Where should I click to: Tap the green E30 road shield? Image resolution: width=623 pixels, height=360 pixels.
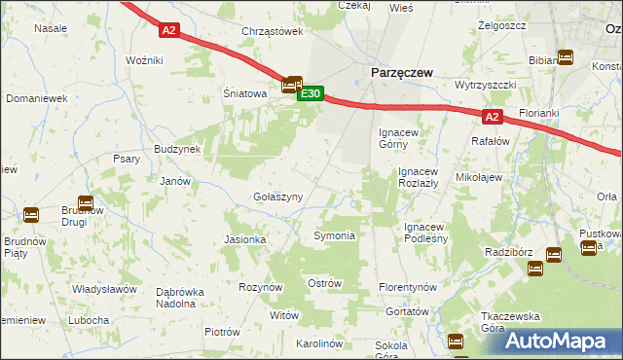pyautogui.click(x=310, y=94)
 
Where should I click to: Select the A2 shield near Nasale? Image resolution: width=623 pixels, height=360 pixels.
pyautogui.click(x=169, y=30)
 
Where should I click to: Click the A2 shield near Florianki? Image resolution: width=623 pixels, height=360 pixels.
pyautogui.click(x=493, y=117)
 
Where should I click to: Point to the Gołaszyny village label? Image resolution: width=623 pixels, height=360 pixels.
pyautogui.click(x=278, y=197)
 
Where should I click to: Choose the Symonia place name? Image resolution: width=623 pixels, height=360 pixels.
pyautogui.click(x=333, y=236)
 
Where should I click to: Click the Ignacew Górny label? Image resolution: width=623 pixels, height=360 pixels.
pyautogui.click(x=399, y=137)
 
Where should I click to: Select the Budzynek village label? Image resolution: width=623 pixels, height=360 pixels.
pyautogui.click(x=177, y=150)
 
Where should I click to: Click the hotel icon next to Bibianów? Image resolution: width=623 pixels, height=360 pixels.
pyautogui.click(x=566, y=58)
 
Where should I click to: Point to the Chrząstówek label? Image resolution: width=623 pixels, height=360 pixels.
pyautogui.click(x=273, y=32)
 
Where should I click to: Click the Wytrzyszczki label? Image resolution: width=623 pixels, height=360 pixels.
pyautogui.click(x=485, y=85)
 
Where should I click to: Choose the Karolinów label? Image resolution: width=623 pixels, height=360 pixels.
pyautogui.click(x=321, y=344)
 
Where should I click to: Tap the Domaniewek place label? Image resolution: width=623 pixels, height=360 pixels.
pyautogui.click(x=36, y=99)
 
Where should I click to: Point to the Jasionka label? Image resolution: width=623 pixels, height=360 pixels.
pyautogui.click(x=245, y=239)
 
